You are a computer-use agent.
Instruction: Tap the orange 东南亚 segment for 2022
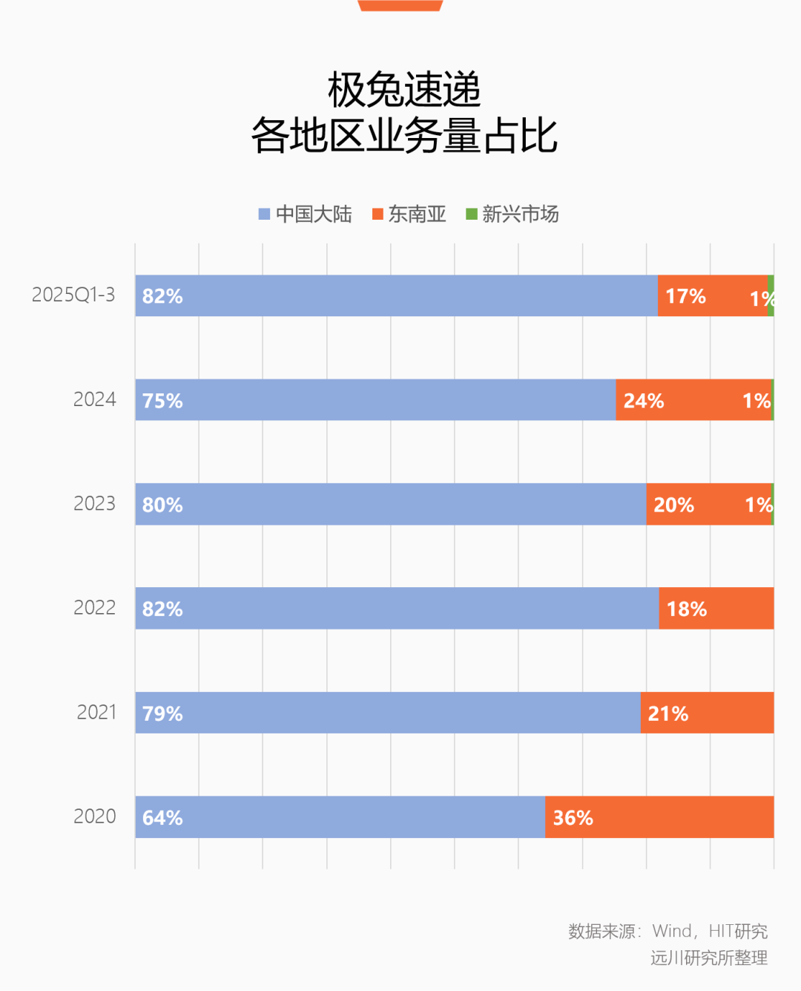pos(734,609)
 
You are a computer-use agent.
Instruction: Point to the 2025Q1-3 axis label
pos(73,295)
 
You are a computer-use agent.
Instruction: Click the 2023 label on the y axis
pos(94,503)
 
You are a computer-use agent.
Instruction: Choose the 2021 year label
pos(96,712)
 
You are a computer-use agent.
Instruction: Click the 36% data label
pos(573,818)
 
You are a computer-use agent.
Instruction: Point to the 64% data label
pos(162,818)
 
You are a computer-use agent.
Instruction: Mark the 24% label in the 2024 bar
pos(644,401)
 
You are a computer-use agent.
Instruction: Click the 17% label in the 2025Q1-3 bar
pos(685,296)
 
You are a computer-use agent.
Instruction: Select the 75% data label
pos(162,401)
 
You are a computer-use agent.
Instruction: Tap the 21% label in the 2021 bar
pos(668,713)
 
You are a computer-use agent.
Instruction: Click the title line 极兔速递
pos(404,90)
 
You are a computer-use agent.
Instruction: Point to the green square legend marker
pos(471,215)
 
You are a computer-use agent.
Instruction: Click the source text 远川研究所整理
pos(709,958)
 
